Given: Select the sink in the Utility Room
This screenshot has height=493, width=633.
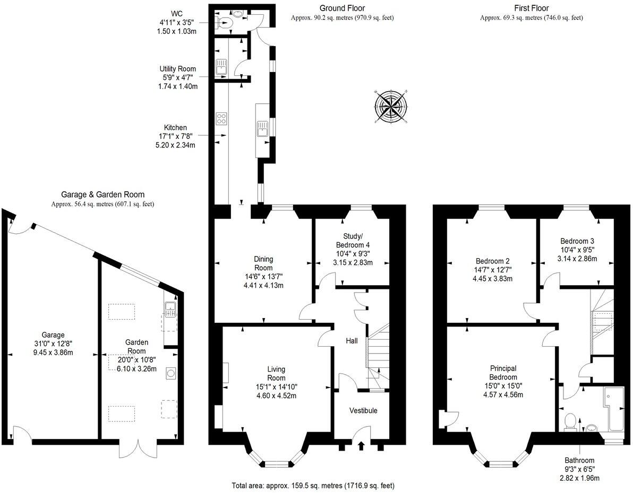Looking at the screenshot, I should tap(221, 67).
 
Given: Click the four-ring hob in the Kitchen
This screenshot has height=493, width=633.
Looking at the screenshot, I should tap(221, 119).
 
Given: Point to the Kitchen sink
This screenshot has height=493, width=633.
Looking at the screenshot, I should tap(262, 128).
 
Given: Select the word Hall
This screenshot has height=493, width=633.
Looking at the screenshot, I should tap(352, 340).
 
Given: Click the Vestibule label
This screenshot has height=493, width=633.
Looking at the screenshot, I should tap(363, 410).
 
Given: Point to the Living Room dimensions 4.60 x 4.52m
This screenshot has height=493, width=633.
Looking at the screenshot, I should tap(276, 395).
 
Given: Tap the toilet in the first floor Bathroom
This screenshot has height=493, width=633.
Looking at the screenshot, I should tap(571, 421).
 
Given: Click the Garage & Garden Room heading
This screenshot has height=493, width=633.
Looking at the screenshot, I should tap(102, 195).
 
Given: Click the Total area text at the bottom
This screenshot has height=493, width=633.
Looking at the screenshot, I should tap(313, 485).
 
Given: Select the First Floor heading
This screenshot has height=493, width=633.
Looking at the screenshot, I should tap(531, 8).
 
